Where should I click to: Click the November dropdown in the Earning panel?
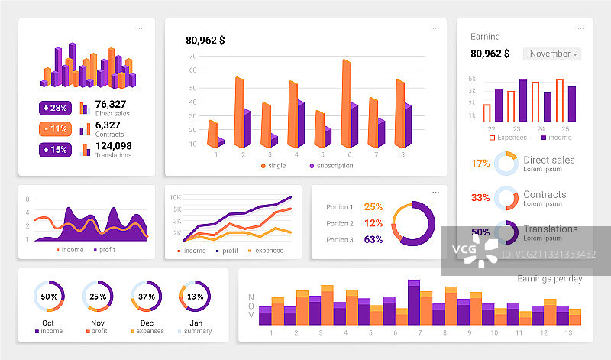click(x=551, y=54)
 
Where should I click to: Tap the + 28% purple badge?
click(x=55, y=108)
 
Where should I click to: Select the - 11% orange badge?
click(x=55, y=128)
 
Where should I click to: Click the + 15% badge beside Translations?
click(x=55, y=149)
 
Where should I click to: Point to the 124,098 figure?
click(x=113, y=146)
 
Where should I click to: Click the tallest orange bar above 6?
click(x=347, y=103)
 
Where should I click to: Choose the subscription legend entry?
click(x=331, y=166)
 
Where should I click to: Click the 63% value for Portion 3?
click(x=373, y=240)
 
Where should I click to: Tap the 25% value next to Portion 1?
click(x=373, y=206)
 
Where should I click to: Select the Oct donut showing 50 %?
click(x=49, y=297)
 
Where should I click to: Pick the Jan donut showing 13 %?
click(x=195, y=297)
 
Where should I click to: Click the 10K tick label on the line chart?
click(x=175, y=197)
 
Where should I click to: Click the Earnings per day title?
click(x=549, y=278)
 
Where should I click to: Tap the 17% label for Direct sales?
click(x=480, y=163)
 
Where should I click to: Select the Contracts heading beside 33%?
click(x=545, y=195)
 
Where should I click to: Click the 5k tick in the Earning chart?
click(x=472, y=79)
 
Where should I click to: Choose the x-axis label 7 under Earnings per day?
click(x=420, y=333)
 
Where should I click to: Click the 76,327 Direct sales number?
click(x=111, y=104)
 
